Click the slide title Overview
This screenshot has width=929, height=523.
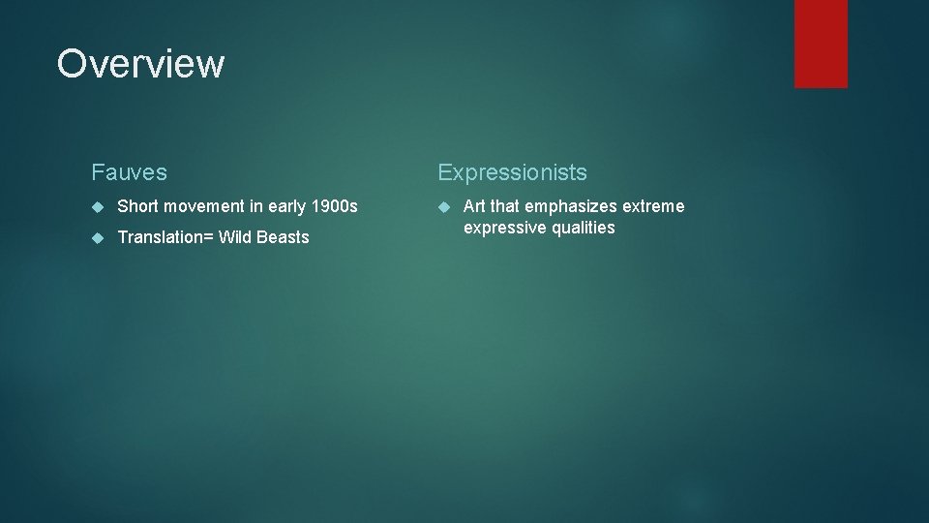[140, 64]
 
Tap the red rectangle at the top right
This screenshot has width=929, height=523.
[821, 44]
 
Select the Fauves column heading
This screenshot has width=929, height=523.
[129, 172]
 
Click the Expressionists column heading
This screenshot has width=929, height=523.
[512, 172]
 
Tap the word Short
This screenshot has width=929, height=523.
[137, 206]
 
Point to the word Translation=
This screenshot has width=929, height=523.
[165, 237]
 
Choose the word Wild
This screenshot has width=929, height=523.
[236, 237]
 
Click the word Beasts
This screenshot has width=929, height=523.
[284, 237]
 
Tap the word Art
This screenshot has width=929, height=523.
[475, 206]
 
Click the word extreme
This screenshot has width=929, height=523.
[654, 206]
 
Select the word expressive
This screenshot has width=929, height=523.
[505, 228]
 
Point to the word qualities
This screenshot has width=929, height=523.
[584, 228]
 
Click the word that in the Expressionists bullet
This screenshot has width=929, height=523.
[505, 206]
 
